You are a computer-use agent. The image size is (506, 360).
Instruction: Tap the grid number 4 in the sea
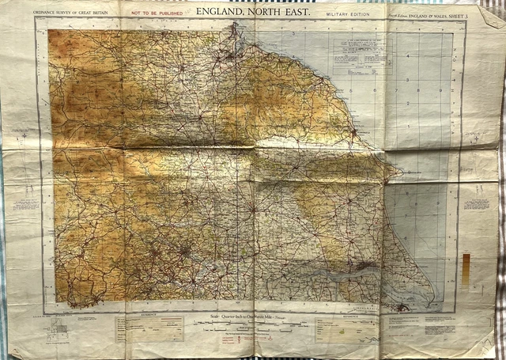click(407, 57)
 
